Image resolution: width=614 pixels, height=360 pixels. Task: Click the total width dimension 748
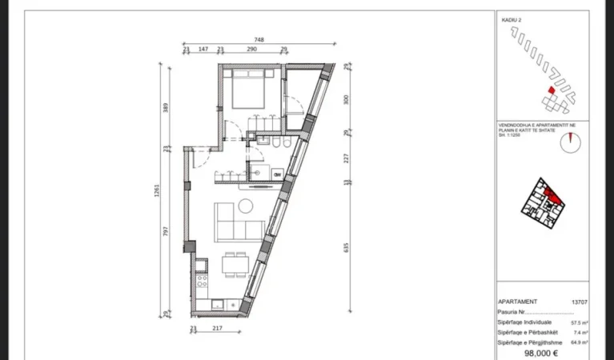pos(259,39)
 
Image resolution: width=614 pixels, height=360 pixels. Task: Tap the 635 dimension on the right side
pos(346,247)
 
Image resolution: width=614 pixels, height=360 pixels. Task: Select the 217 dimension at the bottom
pos(217,328)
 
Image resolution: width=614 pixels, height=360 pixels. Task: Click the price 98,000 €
pos(540,352)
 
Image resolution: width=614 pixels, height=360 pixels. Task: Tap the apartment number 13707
pos(580,302)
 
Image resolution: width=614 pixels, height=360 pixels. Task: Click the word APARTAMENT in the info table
pos(518,302)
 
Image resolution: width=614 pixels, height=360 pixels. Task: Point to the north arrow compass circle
pos(570,142)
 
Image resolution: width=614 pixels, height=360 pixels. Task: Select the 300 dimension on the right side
pos(346,100)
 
